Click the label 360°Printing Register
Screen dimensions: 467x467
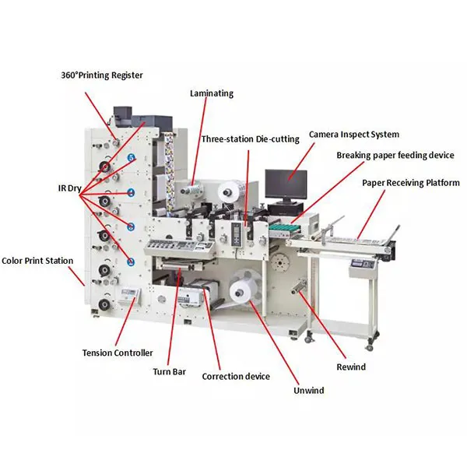coord(102,75)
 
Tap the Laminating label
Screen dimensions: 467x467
coord(211,93)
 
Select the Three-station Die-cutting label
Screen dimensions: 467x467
coord(250,139)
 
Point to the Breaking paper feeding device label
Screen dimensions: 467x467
coord(395,156)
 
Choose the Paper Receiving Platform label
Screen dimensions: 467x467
coord(410,183)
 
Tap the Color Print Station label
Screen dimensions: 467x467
coord(37,262)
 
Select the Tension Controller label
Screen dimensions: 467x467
coord(118,353)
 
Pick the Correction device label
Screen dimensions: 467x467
coord(236,377)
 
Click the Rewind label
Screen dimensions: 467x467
coord(352,367)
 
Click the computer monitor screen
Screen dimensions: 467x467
coord(286,184)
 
